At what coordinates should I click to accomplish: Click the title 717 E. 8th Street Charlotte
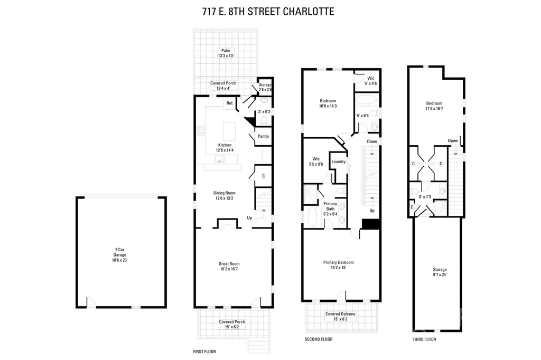[x=268, y=12]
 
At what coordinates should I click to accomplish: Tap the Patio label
[x=226, y=50]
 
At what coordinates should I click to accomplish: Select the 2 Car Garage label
[x=120, y=252]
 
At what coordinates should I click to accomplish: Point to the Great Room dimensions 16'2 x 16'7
[x=229, y=269]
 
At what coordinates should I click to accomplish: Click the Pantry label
[x=263, y=136]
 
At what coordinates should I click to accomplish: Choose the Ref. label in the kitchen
[x=230, y=103]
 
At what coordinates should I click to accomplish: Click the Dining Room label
[x=224, y=193]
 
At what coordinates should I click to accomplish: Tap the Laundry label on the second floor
[x=339, y=162]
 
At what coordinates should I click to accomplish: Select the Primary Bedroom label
[x=339, y=262]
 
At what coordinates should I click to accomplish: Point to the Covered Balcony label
[x=340, y=314]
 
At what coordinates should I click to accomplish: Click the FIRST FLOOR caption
[x=204, y=352]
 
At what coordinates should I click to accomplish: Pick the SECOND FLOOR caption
[x=319, y=339]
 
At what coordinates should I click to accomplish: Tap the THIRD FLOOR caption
[x=424, y=339]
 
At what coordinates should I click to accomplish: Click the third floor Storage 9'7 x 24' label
[x=440, y=272]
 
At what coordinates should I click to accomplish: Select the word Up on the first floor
[x=249, y=218]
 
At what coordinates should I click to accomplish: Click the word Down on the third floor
[x=453, y=141]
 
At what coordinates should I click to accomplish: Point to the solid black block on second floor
[x=371, y=224]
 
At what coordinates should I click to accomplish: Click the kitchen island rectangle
[x=229, y=132]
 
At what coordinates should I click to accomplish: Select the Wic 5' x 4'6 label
[x=370, y=81]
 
